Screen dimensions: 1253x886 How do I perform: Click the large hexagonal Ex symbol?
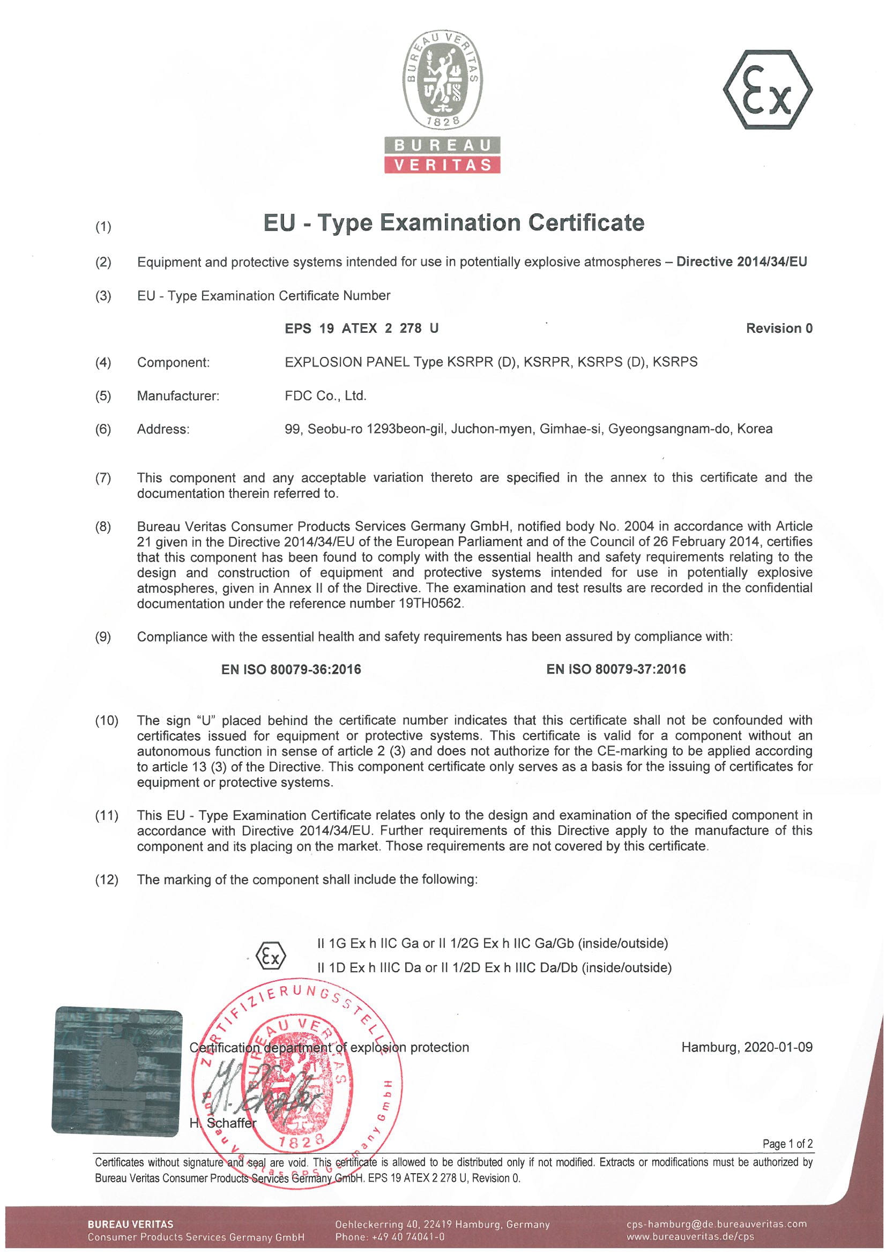click(x=767, y=89)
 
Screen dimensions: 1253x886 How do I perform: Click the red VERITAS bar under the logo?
click(x=442, y=165)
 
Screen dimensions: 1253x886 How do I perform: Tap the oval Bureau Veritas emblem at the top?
click(x=442, y=79)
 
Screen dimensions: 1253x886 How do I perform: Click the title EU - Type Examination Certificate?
click(x=453, y=222)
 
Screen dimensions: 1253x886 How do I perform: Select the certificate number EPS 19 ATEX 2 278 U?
click(x=361, y=328)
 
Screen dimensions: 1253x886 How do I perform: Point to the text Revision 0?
click(x=779, y=328)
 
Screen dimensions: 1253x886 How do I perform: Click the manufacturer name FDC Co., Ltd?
click(x=325, y=396)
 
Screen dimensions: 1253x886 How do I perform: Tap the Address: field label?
click(x=163, y=429)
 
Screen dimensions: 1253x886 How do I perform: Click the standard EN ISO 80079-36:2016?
click(x=291, y=669)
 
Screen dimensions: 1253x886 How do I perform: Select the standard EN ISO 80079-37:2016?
click(x=616, y=669)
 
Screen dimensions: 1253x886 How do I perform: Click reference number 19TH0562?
click(x=430, y=603)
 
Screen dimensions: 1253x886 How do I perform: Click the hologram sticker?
click(x=117, y=1071)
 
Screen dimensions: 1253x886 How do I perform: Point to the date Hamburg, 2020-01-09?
click(x=746, y=1047)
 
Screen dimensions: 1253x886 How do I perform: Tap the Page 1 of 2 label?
click(x=787, y=1144)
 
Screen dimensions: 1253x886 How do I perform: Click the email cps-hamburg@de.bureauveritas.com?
click(x=716, y=1224)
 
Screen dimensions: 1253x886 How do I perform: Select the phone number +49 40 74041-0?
click(x=408, y=1236)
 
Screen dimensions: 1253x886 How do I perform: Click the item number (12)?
click(x=107, y=879)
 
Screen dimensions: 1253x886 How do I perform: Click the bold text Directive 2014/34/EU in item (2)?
click(x=741, y=262)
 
